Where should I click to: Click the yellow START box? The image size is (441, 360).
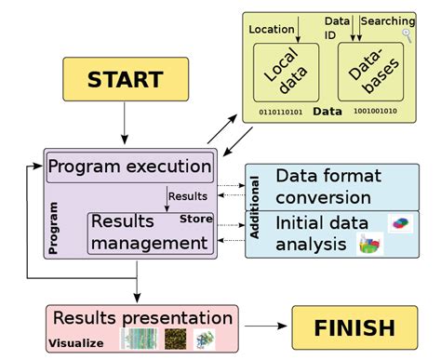(x=125, y=79)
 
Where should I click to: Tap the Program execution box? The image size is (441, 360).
(x=129, y=167)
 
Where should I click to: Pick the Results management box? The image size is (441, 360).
(x=148, y=233)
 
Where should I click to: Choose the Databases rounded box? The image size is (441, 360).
(x=366, y=73)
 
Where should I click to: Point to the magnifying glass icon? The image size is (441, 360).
(x=407, y=35)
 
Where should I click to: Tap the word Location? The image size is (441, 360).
(x=272, y=30)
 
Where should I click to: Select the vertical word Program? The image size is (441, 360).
(x=53, y=228)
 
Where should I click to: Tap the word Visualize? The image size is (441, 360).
(x=75, y=342)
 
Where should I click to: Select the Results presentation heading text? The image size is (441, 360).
(x=142, y=318)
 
